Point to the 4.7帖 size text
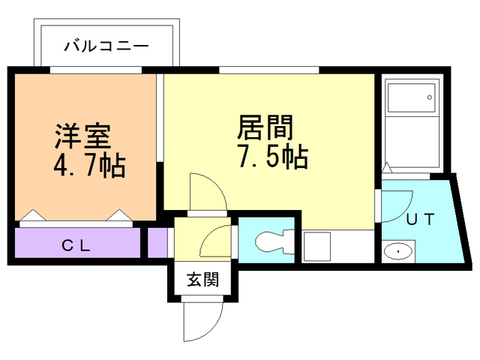[88, 164]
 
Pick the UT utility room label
[421, 220]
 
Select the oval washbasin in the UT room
[397, 251]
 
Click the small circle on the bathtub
[429, 97]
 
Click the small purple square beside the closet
[157, 244]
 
